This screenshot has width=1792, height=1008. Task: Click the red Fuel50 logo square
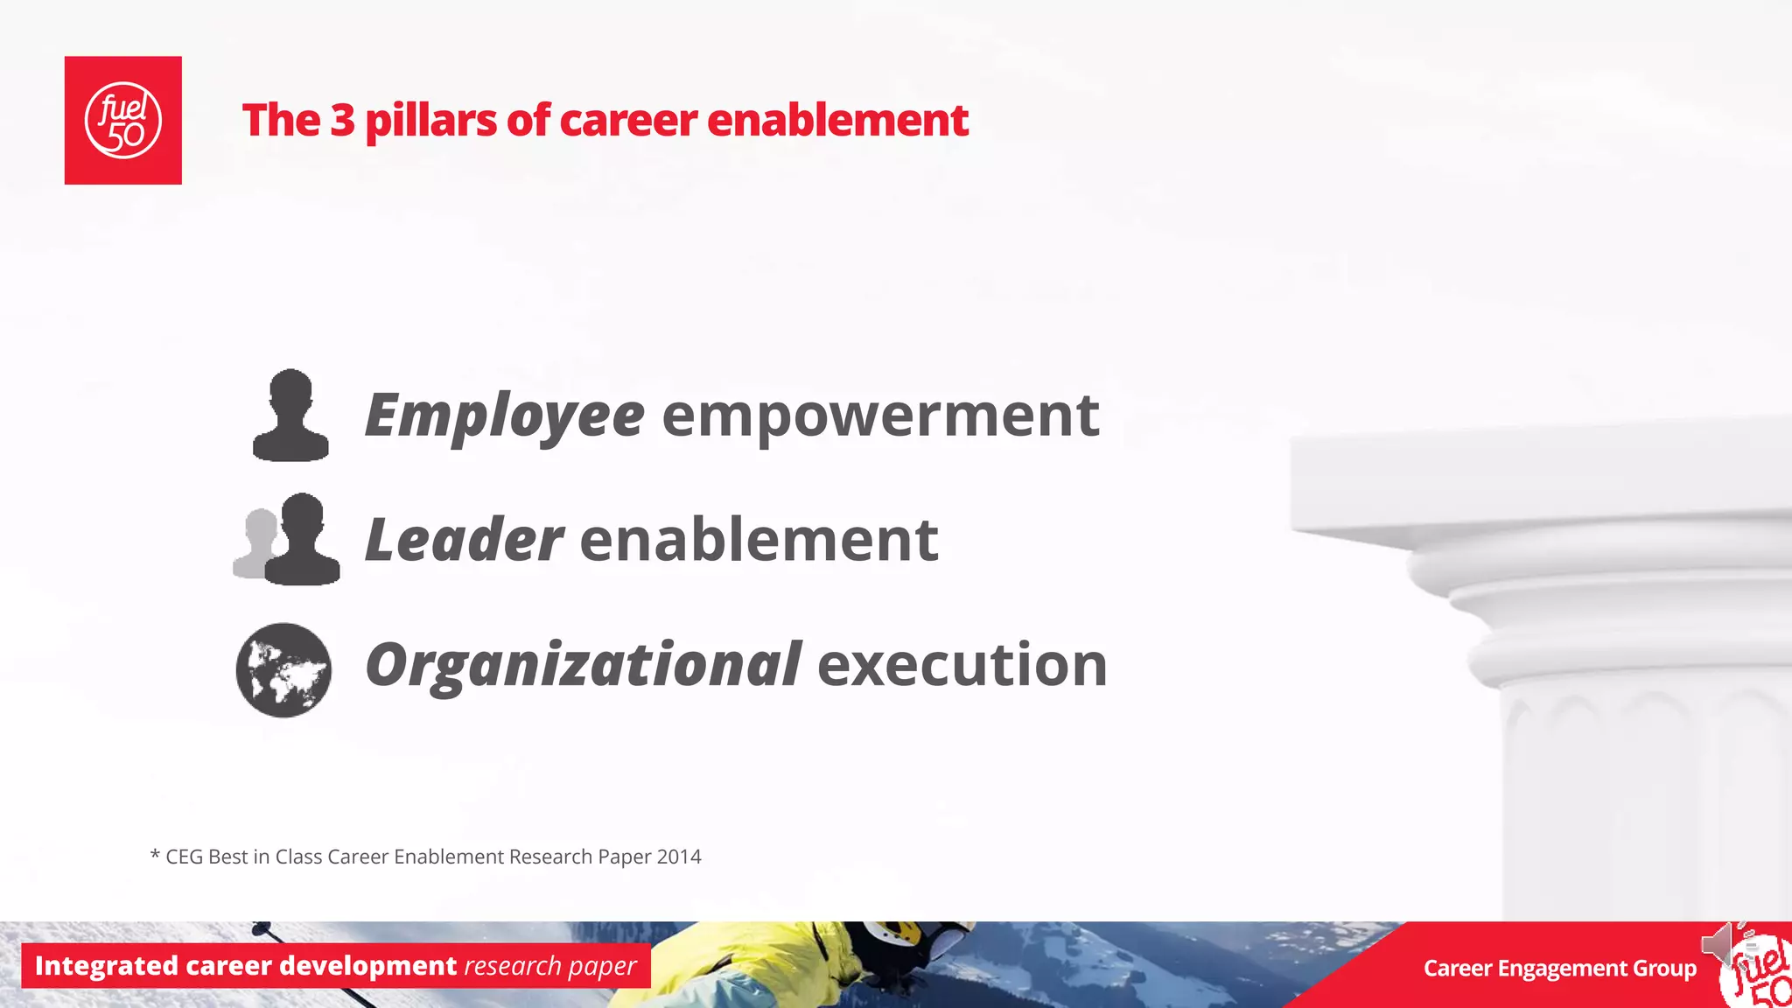pyautogui.click(x=122, y=120)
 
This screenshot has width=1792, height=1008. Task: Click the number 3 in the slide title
pyautogui.click(x=342, y=120)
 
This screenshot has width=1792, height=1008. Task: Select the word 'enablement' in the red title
pyautogui.click(x=837, y=120)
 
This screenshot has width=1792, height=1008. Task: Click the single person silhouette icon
pyautogui.click(x=290, y=416)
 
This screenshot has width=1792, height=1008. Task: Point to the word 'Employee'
pyautogui.click(x=504, y=416)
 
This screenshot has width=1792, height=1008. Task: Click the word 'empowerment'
pyautogui.click(x=880, y=416)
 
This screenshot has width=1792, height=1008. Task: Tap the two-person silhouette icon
pyautogui.click(x=289, y=540)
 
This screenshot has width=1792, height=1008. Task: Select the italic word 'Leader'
pyautogui.click(x=464, y=540)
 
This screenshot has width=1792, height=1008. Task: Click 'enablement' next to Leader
pyautogui.click(x=759, y=540)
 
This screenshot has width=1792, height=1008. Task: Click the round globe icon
pyautogui.click(x=283, y=669)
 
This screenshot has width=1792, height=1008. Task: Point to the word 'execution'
pyautogui.click(x=962, y=665)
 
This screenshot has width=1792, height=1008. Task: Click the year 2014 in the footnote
pyautogui.click(x=679, y=857)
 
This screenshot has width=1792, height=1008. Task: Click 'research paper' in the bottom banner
pyautogui.click(x=549, y=966)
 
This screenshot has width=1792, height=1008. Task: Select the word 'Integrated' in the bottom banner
pyautogui.click(x=106, y=966)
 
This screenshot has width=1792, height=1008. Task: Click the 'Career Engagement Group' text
pyautogui.click(x=1559, y=969)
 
